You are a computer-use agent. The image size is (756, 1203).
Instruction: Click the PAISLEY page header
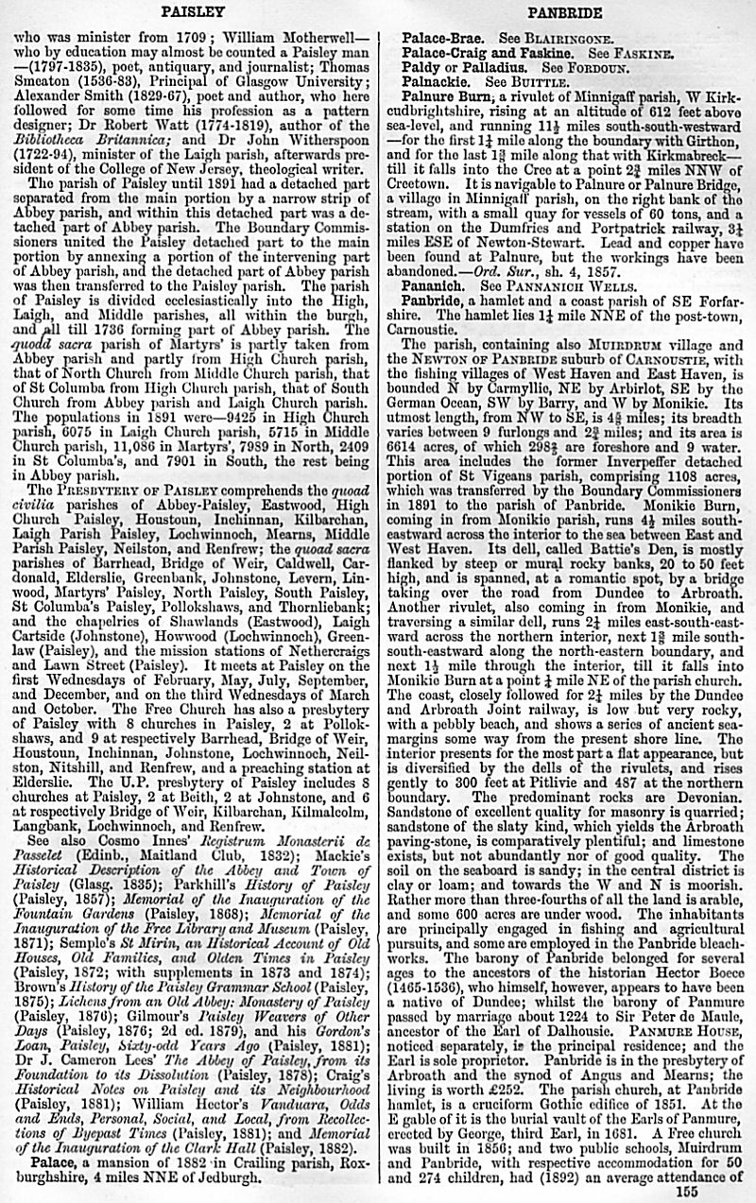point(192,11)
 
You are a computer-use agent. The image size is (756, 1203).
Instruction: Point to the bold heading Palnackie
point(438,82)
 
